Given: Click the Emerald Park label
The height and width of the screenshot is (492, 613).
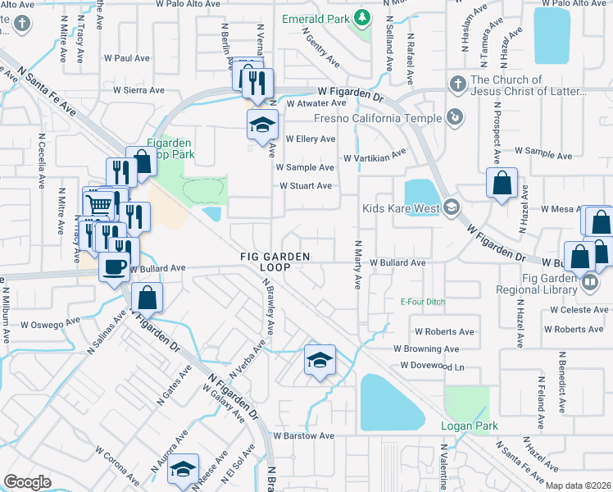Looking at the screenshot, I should coord(315,18).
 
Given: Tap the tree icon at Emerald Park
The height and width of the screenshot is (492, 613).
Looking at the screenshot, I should coord(361,18).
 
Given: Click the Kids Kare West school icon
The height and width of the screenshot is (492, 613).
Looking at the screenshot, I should coord(451,207).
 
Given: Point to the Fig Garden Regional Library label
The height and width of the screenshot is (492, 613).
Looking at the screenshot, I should coord(537,283).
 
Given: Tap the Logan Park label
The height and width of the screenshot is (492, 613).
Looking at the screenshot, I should coord(465,426).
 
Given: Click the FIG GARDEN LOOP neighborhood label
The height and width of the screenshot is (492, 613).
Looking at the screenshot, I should coord(275,262).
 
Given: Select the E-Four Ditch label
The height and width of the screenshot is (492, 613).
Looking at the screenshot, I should coord(422,302).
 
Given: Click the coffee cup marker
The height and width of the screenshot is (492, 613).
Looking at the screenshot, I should coord(114,266).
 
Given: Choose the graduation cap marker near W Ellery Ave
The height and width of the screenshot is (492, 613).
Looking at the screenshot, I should coord(263,125).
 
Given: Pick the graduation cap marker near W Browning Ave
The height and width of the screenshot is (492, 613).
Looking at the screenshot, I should coord(319,359).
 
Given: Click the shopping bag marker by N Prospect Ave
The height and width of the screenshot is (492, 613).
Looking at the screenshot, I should coord(502,183).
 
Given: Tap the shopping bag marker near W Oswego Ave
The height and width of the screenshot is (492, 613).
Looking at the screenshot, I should coord(147,297).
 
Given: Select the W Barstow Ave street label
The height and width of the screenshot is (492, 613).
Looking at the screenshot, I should coord(304,436).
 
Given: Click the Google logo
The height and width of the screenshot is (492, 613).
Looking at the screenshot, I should coord(27,482).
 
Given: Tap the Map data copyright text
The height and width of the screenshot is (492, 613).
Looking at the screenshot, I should coord(577,485).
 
